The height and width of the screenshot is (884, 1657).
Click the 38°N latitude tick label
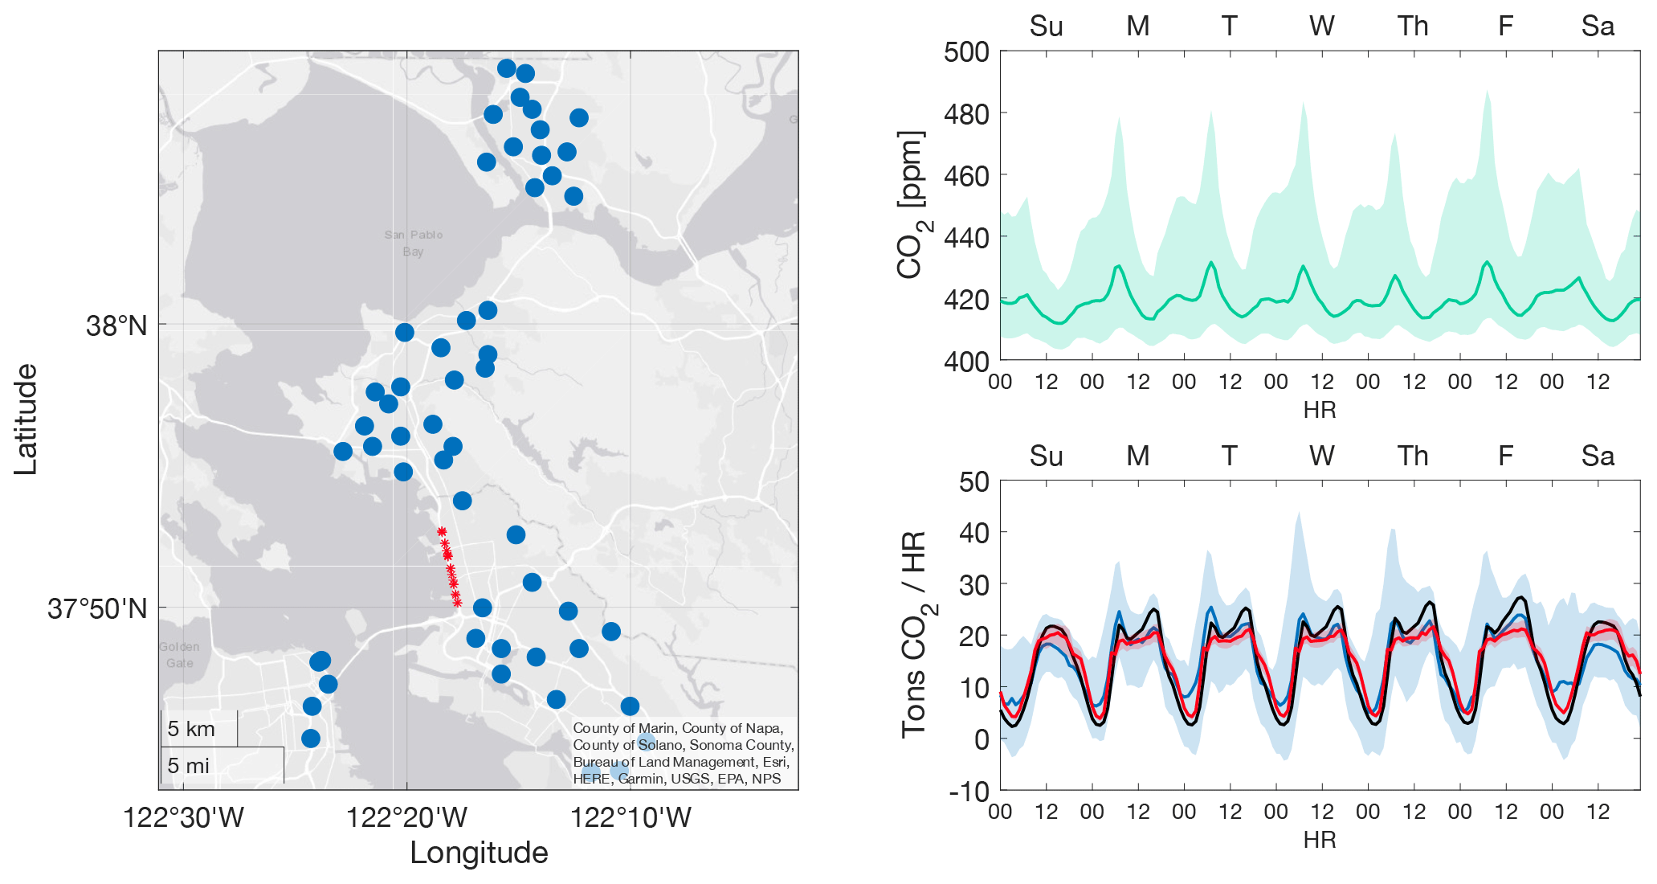coord(116,326)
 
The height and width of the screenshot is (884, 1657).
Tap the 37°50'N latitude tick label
coord(97,609)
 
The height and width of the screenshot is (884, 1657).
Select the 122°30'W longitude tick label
coord(183,818)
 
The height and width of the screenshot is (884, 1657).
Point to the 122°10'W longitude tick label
coord(631,818)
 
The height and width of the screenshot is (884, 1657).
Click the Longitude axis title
coord(479,853)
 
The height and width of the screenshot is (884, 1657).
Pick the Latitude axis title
coord(26,419)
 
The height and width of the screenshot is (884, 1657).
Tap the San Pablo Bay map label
coord(414,243)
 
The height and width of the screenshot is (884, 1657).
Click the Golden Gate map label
coord(179,655)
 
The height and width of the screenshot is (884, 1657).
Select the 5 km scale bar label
coord(191,729)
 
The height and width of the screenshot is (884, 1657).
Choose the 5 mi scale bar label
coord(188,766)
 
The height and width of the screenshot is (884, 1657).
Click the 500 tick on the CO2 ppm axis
coord(966,52)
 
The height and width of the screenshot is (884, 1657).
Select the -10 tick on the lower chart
coord(969,792)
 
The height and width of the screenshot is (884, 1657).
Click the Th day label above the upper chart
coord(1413,27)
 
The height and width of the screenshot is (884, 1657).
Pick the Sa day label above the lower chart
coord(1598,456)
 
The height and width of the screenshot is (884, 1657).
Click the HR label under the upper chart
coord(1320,410)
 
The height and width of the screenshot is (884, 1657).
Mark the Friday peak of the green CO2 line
coord(1487,262)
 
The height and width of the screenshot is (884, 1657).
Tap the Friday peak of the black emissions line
coord(1520,597)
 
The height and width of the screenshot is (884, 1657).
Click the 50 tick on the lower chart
coord(973,482)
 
